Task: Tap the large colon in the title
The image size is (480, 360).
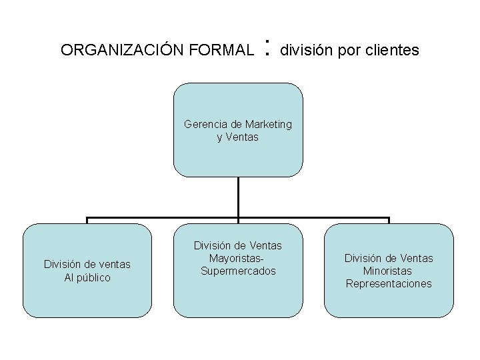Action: [267, 47]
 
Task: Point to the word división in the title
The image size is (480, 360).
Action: [305, 50]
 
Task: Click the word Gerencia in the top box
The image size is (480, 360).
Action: [205, 124]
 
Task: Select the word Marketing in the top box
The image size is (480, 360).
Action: [268, 124]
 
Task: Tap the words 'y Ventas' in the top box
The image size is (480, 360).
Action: [237, 137]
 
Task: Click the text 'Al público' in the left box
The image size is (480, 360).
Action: [87, 277]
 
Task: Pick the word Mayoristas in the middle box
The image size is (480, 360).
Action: [237, 259]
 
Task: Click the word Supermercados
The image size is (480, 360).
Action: [238, 271]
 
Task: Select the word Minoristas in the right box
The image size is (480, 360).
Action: [388, 271]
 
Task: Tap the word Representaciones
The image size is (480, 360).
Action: [389, 283]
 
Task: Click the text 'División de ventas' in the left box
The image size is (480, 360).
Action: [87, 265]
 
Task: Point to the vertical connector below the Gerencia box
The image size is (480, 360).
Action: [238, 197]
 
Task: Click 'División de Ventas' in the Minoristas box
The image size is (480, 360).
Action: [389, 258]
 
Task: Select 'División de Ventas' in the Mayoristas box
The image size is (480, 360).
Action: [238, 246]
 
